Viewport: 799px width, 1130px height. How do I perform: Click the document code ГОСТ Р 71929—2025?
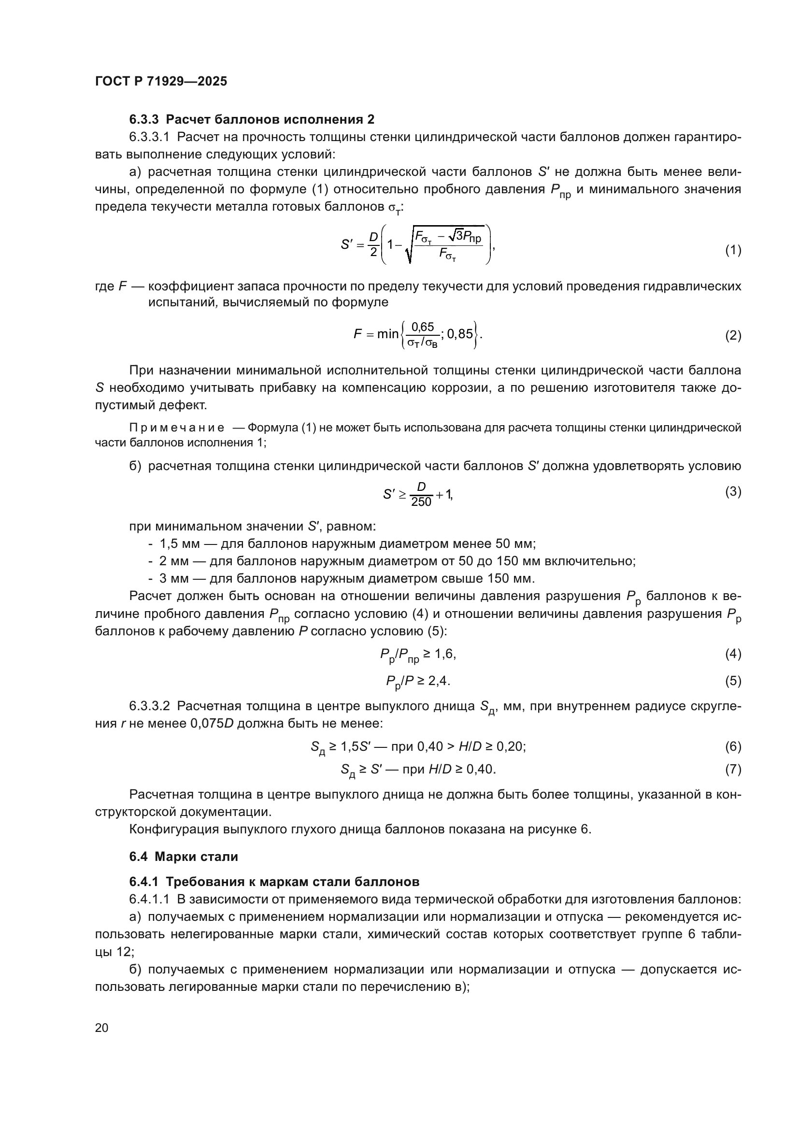click(161, 82)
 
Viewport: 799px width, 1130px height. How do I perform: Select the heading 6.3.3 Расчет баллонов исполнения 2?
click(251, 120)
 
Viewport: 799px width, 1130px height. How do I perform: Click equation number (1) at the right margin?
click(733, 251)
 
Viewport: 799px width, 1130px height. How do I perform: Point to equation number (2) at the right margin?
click(733, 336)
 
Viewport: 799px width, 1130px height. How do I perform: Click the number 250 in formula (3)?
click(421, 502)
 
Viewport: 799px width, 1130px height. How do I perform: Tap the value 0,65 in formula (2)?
click(423, 327)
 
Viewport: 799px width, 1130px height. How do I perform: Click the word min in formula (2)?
click(388, 335)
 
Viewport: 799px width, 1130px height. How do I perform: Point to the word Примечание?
click(177, 428)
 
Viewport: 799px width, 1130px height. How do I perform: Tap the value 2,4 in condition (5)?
click(439, 681)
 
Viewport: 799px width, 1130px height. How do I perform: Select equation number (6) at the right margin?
click(733, 746)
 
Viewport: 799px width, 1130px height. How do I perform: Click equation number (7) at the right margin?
click(733, 769)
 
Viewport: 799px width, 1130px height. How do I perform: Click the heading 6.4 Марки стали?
click(184, 857)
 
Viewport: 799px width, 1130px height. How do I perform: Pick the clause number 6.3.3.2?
click(150, 706)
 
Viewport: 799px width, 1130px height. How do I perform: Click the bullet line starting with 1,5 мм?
click(347, 544)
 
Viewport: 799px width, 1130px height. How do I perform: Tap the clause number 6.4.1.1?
click(150, 899)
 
